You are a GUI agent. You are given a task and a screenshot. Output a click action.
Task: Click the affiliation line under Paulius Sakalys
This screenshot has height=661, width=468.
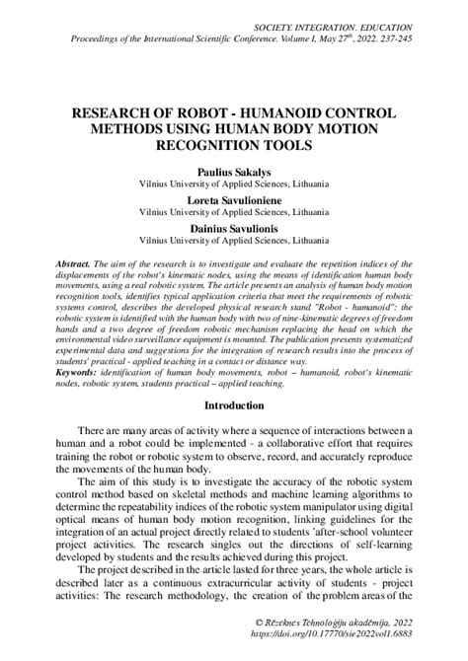pos(233,183)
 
